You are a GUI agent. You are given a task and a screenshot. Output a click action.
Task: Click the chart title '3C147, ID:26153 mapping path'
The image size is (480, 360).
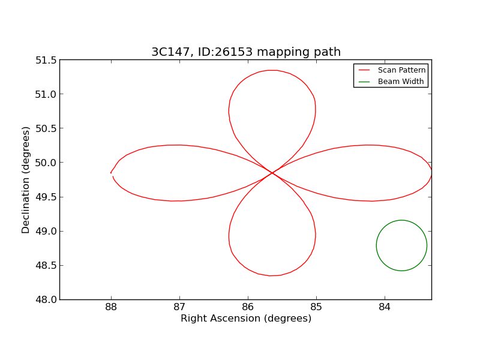click(x=246, y=52)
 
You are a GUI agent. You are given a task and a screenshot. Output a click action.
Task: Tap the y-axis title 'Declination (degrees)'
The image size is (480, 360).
click(x=26, y=179)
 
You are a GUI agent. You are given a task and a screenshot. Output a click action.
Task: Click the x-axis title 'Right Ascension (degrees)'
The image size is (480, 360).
click(x=246, y=319)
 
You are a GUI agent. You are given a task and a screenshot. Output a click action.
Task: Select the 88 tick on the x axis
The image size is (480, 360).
click(x=111, y=308)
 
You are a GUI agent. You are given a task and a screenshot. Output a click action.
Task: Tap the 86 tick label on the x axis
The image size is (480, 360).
click(x=248, y=308)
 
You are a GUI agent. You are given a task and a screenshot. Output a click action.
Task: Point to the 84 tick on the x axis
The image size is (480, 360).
click(x=385, y=308)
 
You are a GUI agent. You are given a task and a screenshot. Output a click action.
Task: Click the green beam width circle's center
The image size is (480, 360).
click(x=401, y=245)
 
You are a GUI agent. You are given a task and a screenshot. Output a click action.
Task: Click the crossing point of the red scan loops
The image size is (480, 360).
click(x=272, y=173)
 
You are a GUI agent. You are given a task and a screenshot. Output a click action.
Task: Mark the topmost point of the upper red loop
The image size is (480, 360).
click(x=272, y=70)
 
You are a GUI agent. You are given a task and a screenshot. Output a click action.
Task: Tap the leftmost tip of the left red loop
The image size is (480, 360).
click(x=111, y=173)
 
